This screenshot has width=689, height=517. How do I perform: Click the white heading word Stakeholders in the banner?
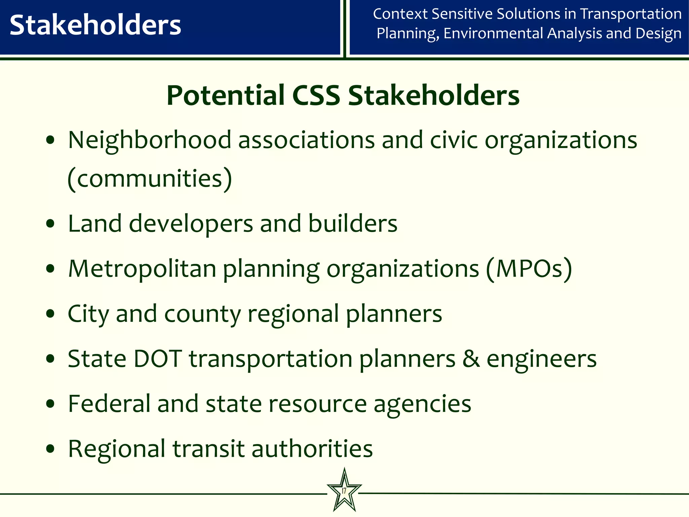pyautogui.click(x=95, y=26)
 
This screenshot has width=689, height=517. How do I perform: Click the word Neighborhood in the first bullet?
pyautogui.click(x=150, y=140)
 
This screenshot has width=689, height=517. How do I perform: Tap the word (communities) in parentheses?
pyautogui.click(x=150, y=178)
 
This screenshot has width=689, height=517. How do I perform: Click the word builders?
pyautogui.click(x=353, y=223)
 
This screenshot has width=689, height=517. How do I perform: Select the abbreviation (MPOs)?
pyautogui.click(x=529, y=269)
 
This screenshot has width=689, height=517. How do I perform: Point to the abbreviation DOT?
pyautogui.click(x=158, y=359)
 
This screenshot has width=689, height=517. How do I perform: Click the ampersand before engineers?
pyautogui.click(x=471, y=359)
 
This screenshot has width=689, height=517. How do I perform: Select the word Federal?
pyautogui.click(x=109, y=404)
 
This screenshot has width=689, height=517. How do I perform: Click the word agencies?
pyautogui.click(x=422, y=404)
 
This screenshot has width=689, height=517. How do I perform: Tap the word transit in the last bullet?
pyautogui.click(x=208, y=449)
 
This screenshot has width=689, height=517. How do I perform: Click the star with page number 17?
pyautogui.click(x=344, y=490)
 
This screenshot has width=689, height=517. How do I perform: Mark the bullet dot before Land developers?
pyautogui.click(x=50, y=223)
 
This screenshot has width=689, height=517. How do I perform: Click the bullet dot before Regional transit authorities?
pyautogui.click(x=50, y=449)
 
